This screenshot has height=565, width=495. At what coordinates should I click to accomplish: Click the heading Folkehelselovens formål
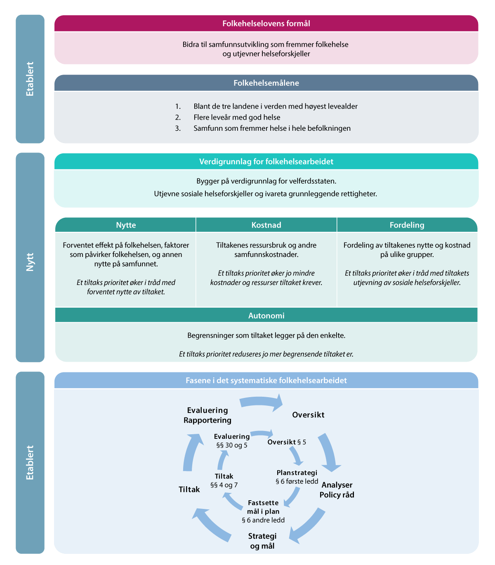pyautogui.click(x=266, y=24)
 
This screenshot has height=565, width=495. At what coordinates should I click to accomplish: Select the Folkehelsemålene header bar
pyautogui.click(x=266, y=83)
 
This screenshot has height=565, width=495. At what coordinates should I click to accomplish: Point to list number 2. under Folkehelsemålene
pyautogui.click(x=178, y=118)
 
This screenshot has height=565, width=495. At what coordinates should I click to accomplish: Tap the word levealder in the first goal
pyautogui.click(x=342, y=106)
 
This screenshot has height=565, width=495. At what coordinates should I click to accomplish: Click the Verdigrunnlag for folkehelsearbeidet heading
pyautogui.click(x=266, y=162)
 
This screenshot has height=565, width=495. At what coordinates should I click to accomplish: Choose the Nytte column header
pyautogui.click(x=126, y=225)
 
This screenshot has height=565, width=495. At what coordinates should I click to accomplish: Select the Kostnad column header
pyautogui.click(x=266, y=225)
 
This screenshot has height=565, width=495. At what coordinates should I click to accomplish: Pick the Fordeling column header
pyautogui.click(x=407, y=225)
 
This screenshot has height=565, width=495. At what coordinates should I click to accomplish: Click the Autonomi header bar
pyautogui.click(x=266, y=315)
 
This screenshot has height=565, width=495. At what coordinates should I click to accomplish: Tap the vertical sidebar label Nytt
pyautogui.click(x=30, y=262)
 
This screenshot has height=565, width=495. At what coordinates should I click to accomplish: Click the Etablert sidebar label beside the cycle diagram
pyautogui.click(x=30, y=462)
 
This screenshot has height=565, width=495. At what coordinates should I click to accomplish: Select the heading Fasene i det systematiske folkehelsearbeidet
pyautogui.click(x=266, y=380)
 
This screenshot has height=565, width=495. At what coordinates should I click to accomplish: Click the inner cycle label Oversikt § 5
pyautogui.click(x=287, y=442)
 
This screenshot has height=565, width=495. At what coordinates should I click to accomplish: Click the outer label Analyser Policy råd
pyautogui.click(x=337, y=490)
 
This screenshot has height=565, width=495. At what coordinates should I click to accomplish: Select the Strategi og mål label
pyautogui.click(x=262, y=541)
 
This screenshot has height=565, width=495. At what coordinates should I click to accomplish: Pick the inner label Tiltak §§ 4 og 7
pyautogui.click(x=224, y=480)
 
